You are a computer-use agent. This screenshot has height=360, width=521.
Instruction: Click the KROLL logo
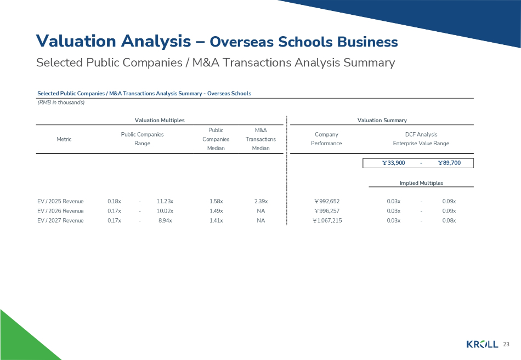(482, 344)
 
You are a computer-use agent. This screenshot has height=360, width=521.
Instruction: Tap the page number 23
(506, 344)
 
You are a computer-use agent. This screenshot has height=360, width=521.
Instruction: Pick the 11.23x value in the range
(165, 201)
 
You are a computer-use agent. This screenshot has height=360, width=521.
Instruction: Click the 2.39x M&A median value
(260, 201)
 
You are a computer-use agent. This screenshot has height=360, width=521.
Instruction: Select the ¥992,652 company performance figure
(326, 201)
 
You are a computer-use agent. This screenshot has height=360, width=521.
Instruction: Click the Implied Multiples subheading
(421, 183)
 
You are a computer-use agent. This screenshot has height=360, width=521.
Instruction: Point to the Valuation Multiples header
(160, 120)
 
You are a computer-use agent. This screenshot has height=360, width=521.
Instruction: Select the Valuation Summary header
(382, 120)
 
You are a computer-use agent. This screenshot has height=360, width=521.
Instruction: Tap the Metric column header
(64, 139)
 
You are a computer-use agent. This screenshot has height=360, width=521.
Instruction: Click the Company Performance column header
(326, 139)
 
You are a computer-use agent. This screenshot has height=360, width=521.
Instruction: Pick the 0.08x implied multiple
(449, 220)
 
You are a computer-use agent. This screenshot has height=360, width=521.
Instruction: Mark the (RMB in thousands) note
(60, 102)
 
